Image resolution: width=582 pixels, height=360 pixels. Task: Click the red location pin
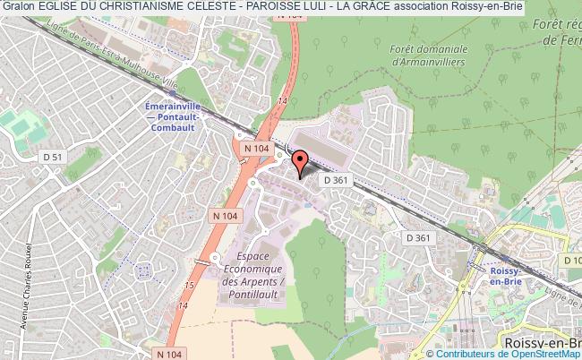pyautogui.click(x=300, y=162)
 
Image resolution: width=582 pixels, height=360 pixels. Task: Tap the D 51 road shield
pyautogui.click(x=54, y=158)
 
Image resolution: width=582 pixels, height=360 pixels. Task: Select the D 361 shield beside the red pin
pyautogui.click(x=336, y=180)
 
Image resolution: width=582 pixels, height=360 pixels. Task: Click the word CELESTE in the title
pyautogui.click(x=224, y=7)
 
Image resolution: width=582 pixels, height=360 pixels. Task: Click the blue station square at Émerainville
pyautogui.click(x=170, y=91)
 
